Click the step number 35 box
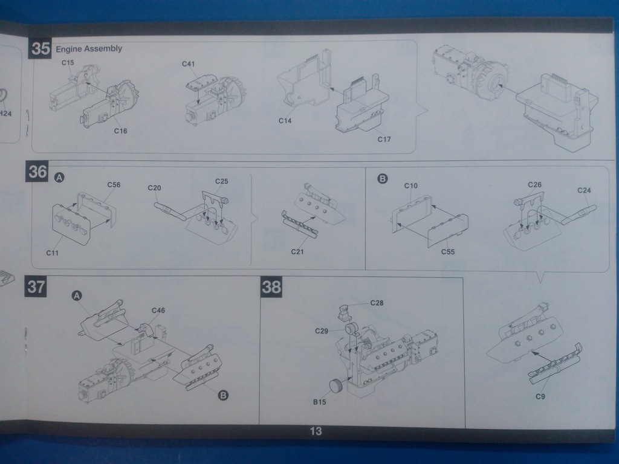click(x=40, y=49)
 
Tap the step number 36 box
click(x=37, y=172)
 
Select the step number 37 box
click(x=36, y=287)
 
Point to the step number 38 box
click(x=271, y=288)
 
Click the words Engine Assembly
click(x=88, y=49)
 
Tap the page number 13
click(x=316, y=431)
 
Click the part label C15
click(x=68, y=63)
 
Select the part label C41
click(x=189, y=64)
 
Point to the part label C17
click(x=384, y=140)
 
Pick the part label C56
click(x=114, y=185)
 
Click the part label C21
click(x=297, y=252)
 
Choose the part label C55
click(x=448, y=251)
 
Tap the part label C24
click(x=584, y=190)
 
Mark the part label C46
click(x=158, y=311)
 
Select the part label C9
click(x=541, y=397)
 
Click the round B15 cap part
click(x=336, y=385)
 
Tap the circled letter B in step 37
click(x=222, y=396)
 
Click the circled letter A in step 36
click(x=59, y=178)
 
